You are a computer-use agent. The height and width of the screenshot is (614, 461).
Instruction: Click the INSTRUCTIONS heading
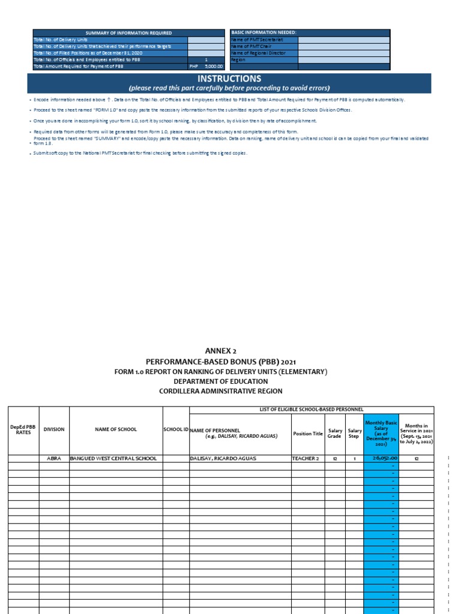tap(230, 79)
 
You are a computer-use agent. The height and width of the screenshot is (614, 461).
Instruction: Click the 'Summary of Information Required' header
tap(128, 33)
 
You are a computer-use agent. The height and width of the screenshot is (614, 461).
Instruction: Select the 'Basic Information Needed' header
tap(264, 32)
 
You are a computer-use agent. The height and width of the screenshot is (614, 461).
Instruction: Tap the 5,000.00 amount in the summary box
tap(214, 67)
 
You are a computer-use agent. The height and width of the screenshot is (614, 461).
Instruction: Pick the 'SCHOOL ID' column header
tap(176, 430)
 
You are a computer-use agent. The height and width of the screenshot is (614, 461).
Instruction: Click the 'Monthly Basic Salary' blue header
tap(381, 429)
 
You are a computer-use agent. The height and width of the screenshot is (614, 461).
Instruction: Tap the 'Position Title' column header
tap(307, 434)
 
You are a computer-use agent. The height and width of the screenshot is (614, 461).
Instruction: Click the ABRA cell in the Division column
tap(55, 458)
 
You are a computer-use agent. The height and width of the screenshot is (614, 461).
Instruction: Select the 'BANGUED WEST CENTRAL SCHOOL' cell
tap(113, 458)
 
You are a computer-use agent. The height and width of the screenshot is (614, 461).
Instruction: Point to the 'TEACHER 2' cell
tap(306, 458)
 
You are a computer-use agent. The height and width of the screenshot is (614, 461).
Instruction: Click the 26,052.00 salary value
tap(385, 458)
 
